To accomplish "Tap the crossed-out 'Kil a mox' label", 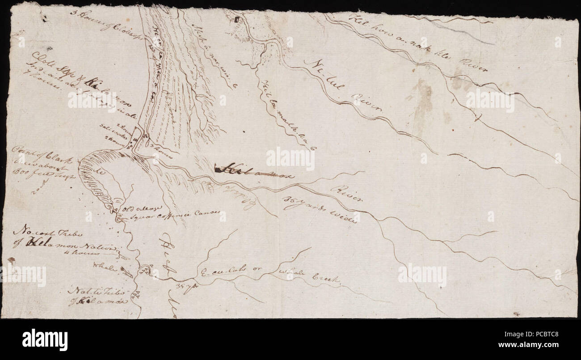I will click(255, 170).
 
